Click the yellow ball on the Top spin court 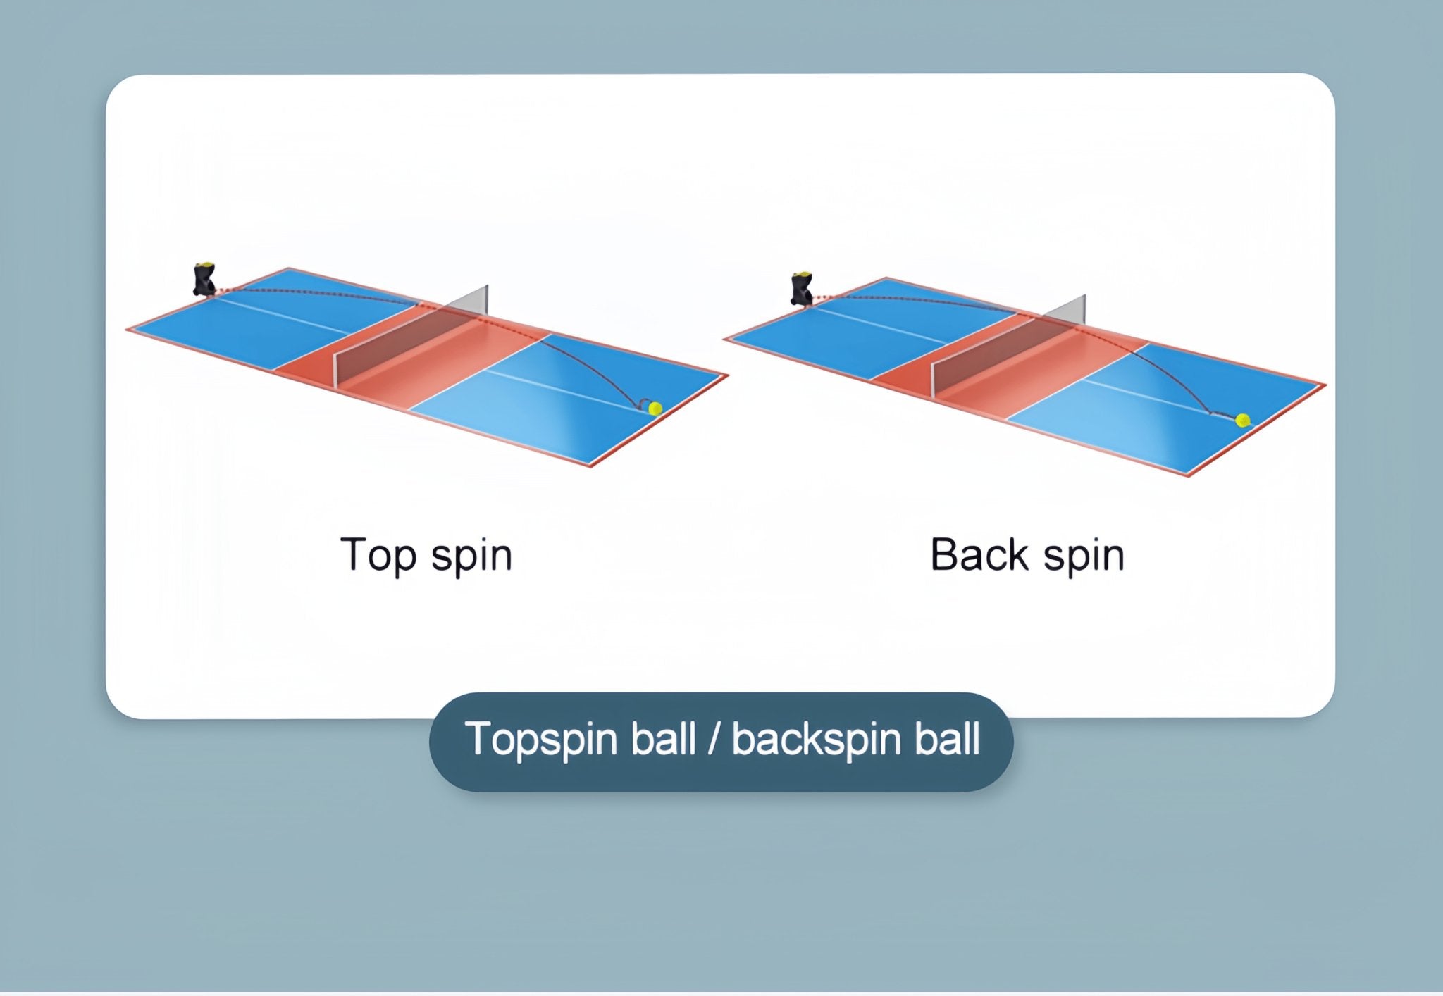tap(655, 408)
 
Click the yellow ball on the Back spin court tap(1243, 420)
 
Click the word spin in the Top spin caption tap(471, 556)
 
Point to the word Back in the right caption tap(979, 555)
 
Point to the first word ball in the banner tap(663, 740)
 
